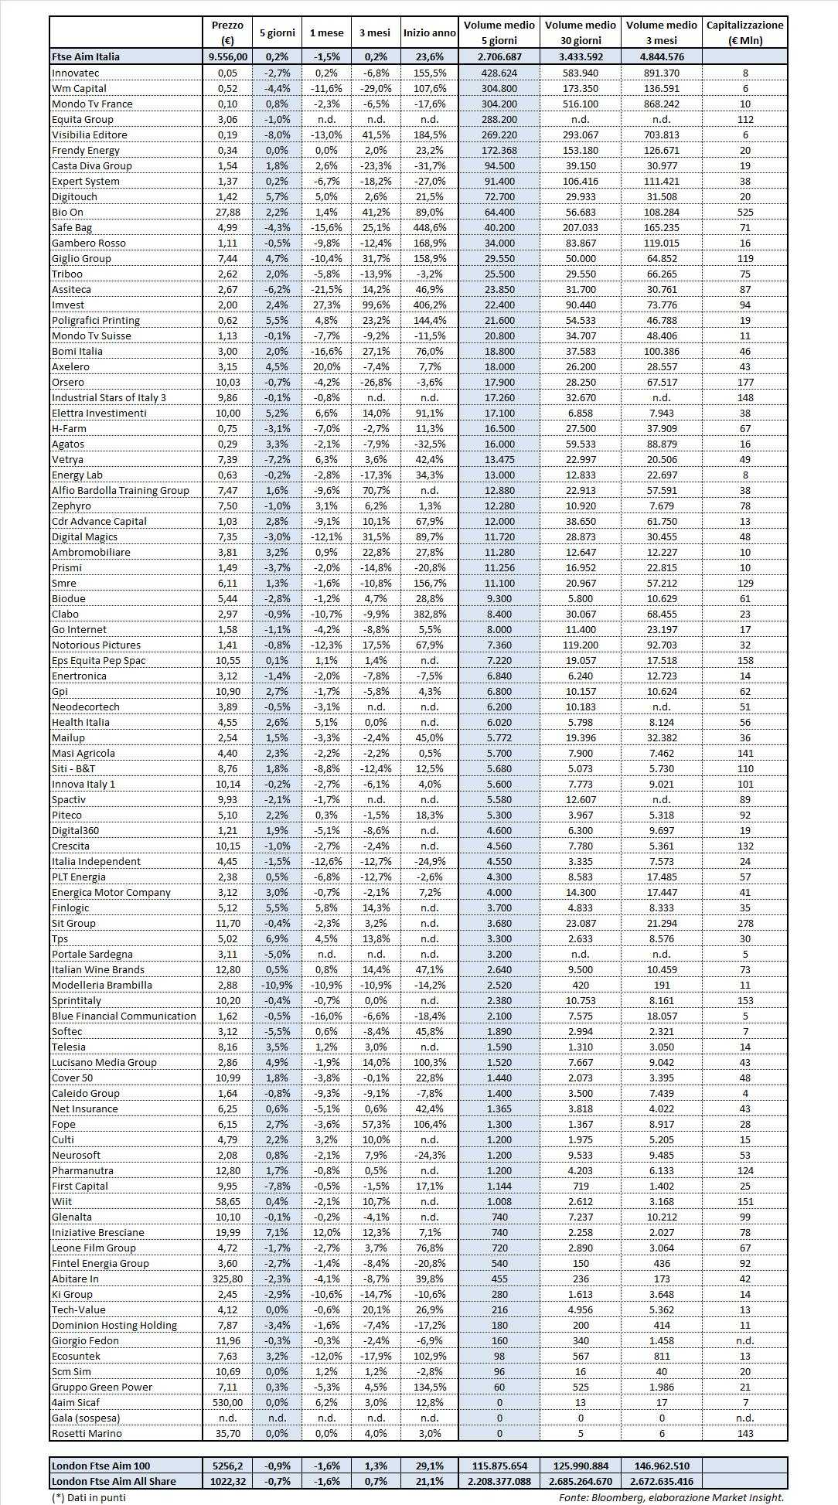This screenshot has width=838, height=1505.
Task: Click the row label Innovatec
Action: tap(76, 73)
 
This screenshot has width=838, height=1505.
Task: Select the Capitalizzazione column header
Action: tap(744, 32)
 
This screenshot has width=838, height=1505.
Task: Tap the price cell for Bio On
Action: tap(227, 212)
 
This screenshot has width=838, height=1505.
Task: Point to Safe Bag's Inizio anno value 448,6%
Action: tap(429, 227)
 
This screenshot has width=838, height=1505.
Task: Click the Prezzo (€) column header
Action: tap(227, 32)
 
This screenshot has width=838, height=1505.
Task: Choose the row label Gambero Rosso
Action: tap(88, 243)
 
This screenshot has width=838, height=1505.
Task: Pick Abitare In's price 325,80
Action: tap(227, 1279)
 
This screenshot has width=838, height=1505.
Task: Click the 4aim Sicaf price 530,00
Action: tap(227, 1402)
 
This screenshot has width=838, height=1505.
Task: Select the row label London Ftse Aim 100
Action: tap(100, 1466)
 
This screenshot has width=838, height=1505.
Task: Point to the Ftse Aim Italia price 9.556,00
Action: tap(227, 56)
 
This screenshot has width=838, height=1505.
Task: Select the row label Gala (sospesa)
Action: tap(86, 1418)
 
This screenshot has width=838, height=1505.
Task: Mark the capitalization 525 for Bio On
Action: tap(744, 212)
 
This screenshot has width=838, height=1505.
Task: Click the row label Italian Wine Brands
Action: tap(98, 969)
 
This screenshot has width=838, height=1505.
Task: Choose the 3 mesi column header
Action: tap(375, 32)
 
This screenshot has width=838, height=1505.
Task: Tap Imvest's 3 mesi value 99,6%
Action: tap(375, 305)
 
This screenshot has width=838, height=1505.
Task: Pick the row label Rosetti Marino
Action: tap(87, 1433)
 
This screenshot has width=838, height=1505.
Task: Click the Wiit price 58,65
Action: tap(227, 1201)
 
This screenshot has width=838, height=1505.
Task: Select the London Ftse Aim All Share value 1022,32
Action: tap(227, 1481)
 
